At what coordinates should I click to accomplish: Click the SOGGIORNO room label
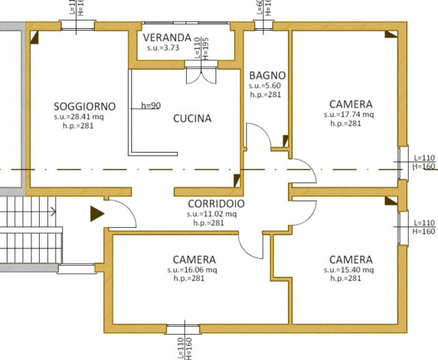[x=85, y=107]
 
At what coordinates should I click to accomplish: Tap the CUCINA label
[x=192, y=118]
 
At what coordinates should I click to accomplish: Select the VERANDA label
[x=167, y=37]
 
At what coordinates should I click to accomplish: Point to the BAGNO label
[x=268, y=75]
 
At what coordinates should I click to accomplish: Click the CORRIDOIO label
[x=216, y=203]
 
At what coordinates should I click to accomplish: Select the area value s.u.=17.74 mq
[x=350, y=114]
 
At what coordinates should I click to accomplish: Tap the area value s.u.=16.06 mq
[x=194, y=270]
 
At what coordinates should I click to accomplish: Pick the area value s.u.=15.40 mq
[x=350, y=270]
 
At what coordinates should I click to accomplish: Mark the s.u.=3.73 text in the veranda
[x=163, y=48]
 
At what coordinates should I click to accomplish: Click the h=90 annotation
[x=151, y=105]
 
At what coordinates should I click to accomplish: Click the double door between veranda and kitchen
[x=201, y=73]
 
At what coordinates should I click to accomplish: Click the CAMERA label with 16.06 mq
[x=194, y=259]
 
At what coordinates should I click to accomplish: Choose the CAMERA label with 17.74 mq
[x=350, y=104]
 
